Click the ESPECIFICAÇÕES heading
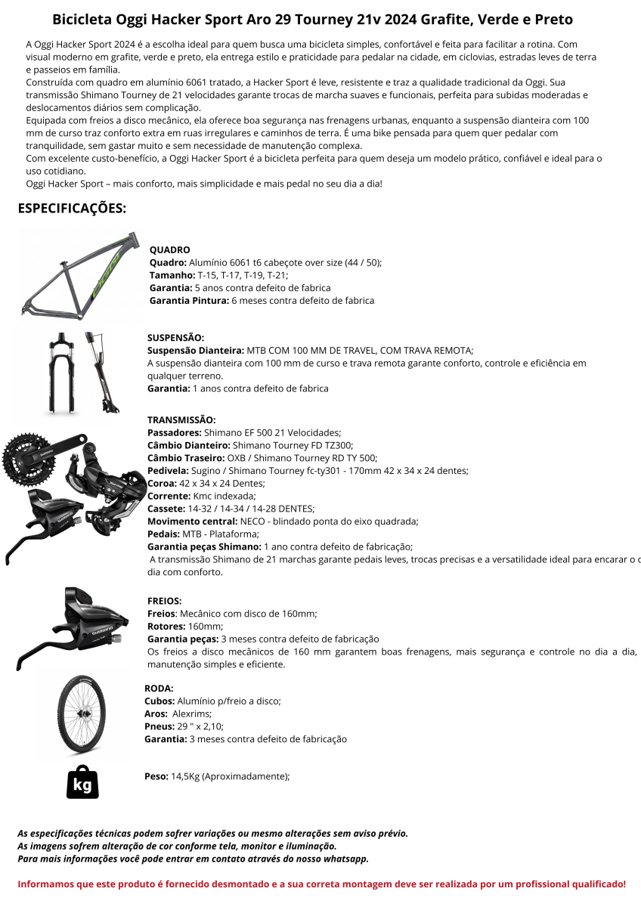72,208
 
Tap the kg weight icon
82,782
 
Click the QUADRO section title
169,249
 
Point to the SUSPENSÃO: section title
175,338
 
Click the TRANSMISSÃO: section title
181,419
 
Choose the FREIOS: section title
164,601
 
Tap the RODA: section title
159,689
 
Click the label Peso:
156,776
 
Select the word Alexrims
191,714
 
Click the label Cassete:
166,509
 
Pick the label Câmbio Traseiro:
186,458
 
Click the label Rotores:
166,627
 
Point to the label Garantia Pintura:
189,300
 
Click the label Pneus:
159,726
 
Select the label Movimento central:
192,522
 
